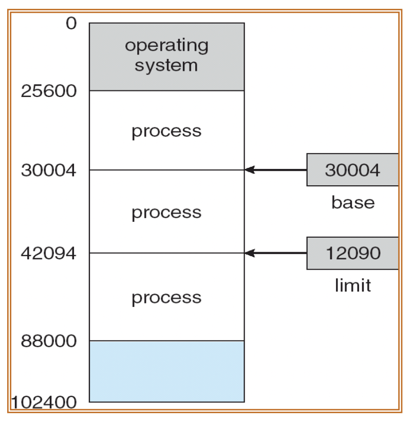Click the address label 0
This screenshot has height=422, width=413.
coord(71,24)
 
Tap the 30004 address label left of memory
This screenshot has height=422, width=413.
coord(48,170)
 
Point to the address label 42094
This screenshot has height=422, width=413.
coord(48,253)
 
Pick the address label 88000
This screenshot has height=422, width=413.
coord(48,340)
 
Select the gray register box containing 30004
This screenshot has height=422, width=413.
coord(352,169)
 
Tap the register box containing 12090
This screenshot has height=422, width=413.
coord(352,253)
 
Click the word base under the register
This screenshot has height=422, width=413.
coord(352,202)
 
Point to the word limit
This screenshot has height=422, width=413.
coord(352,285)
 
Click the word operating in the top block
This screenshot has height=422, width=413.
coord(166,45)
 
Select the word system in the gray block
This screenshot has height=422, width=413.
coord(166,65)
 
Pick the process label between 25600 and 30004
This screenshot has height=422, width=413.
coord(166,131)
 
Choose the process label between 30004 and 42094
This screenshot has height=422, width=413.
coord(166,212)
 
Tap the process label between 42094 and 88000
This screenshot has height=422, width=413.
coord(166,297)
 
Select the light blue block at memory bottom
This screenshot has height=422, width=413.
coord(166,371)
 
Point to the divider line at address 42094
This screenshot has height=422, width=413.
coord(166,253)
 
